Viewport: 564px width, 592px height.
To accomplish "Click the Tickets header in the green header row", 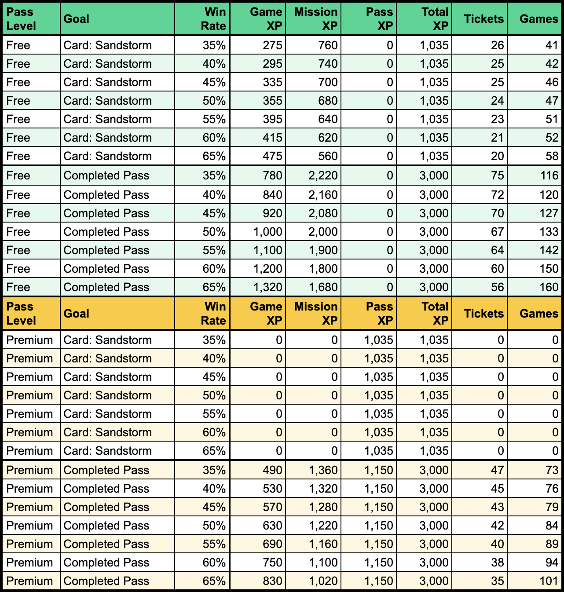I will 483,19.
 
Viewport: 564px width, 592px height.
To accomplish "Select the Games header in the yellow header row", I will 538,314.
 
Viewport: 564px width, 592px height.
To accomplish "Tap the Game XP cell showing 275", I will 272,45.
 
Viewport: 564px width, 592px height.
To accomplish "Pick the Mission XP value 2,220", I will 323,175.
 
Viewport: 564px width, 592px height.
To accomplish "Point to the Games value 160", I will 549,287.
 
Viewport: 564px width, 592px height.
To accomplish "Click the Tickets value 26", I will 497,45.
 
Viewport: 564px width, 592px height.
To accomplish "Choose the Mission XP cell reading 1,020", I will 323,581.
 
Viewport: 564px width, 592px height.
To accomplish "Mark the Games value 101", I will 549,581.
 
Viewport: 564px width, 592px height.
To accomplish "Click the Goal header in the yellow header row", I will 77,314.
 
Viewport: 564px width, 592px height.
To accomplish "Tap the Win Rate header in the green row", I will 213,19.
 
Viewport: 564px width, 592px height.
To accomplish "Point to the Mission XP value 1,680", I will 323,287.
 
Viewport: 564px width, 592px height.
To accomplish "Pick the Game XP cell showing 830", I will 272,581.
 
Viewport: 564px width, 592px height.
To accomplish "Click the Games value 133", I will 549,232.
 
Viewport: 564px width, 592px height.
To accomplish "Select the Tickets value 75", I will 497,175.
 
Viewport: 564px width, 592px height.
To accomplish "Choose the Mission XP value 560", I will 328,156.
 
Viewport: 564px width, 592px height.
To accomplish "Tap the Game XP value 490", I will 272,470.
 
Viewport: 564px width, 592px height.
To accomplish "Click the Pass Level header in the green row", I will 21,19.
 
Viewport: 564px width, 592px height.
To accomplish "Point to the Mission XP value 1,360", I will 323,470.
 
